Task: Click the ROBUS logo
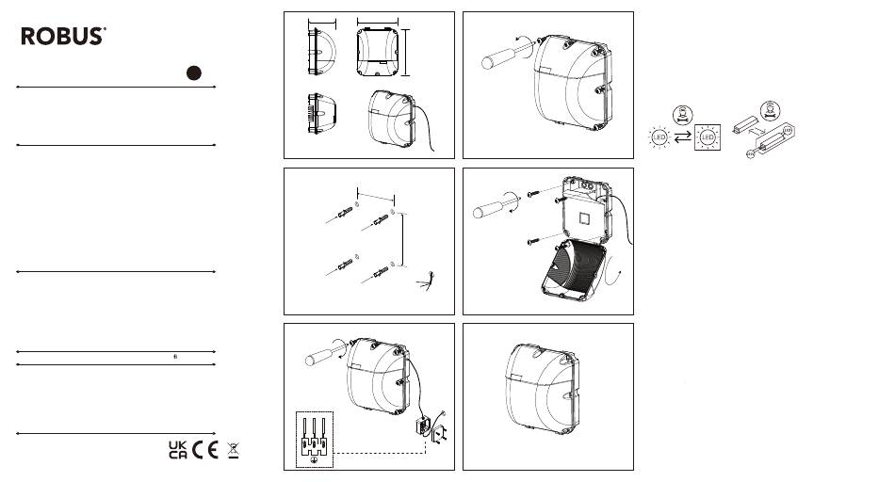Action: pyautogui.click(x=63, y=36)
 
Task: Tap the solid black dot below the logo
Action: pyautogui.click(x=194, y=73)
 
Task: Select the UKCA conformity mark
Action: pyautogui.click(x=177, y=450)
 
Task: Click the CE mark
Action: pyautogui.click(x=205, y=450)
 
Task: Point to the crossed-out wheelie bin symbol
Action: pyautogui.click(x=233, y=450)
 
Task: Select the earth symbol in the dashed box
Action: pyautogui.click(x=314, y=459)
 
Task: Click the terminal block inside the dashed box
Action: pyautogui.click(x=314, y=437)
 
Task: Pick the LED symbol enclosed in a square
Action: pyautogui.click(x=708, y=137)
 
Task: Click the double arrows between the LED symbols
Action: pyautogui.click(x=683, y=137)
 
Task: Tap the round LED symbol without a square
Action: pyautogui.click(x=659, y=137)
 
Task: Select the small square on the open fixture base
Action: pyautogui.click(x=586, y=219)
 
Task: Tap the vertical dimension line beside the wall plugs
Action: pyautogui.click(x=403, y=239)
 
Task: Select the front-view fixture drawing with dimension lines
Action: pyautogui.click(x=377, y=52)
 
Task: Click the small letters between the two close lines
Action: pyautogui.click(x=175, y=357)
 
